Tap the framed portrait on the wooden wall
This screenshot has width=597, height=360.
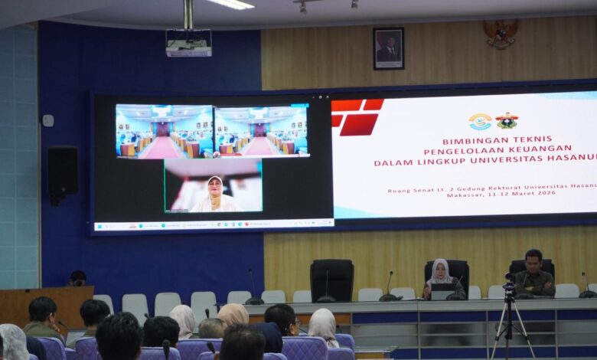pyautogui.click(x=388, y=49)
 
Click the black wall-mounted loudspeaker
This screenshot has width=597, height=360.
pyautogui.click(x=62, y=172)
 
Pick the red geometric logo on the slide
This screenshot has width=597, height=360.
pyautogui.click(x=356, y=117)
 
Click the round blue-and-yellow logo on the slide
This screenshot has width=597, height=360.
pyautogui.click(x=480, y=122)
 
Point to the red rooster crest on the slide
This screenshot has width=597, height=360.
pyautogui.click(x=506, y=121)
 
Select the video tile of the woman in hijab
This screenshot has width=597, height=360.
pyautogui.click(x=214, y=185)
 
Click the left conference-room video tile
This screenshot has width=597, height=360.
pyautogui.click(x=164, y=132)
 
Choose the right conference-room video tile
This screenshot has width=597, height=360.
pyautogui.click(x=262, y=131)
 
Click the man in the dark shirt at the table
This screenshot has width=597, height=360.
pyautogui.click(x=533, y=275)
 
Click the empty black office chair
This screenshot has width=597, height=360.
pyautogui.click(x=331, y=280)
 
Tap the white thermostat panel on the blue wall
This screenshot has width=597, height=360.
pyautogui.click(x=48, y=120)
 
